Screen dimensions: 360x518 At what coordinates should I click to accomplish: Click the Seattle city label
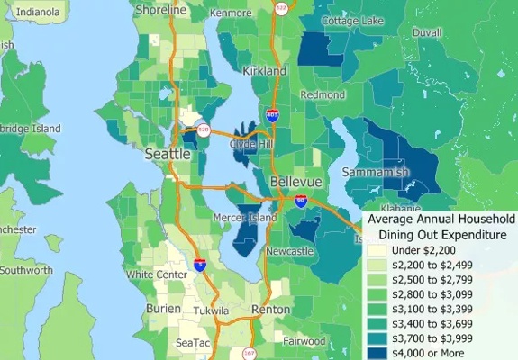point(168,155)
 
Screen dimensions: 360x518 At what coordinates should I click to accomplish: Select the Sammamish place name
point(376,171)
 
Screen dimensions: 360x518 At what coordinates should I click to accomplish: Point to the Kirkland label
point(264,70)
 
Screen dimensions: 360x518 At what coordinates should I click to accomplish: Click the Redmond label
point(323,94)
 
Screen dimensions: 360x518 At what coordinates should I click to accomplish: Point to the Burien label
point(162,309)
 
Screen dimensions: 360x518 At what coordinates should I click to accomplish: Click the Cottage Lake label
point(353,21)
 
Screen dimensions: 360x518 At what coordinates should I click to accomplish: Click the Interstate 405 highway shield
point(272,114)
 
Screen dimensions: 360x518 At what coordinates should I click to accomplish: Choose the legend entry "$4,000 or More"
point(428,354)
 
